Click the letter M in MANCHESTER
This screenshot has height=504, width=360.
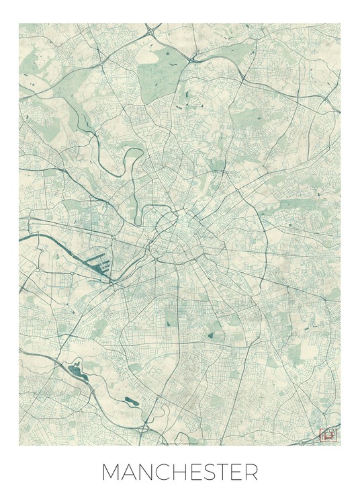(x=111, y=472)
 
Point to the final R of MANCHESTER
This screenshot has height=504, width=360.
(x=251, y=472)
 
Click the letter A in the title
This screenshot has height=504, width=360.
(x=128, y=472)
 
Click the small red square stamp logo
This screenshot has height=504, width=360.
(x=329, y=435)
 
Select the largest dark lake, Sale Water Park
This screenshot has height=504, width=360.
(x=75, y=368)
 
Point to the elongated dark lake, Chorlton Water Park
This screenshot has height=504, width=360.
(x=131, y=401)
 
